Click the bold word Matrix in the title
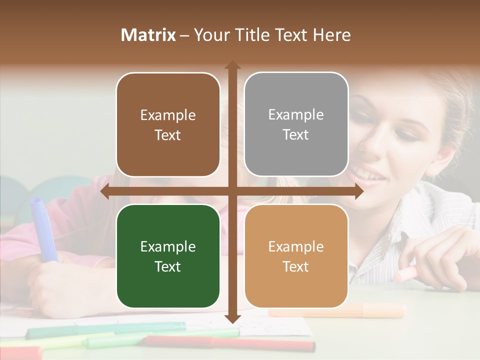tap(148, 35)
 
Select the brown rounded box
tap(168, 124)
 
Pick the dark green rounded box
tap(168, 256)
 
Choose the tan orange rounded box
tap(296, 256)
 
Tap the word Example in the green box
tap(168, 246)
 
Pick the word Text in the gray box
tap(296, 134)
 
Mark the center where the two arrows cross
tap(232, 191)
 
